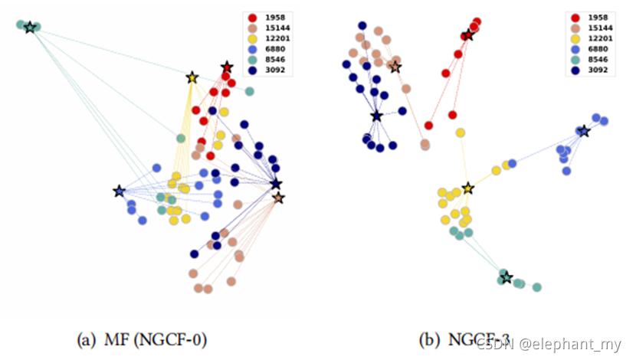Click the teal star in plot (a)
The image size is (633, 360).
(29, 28)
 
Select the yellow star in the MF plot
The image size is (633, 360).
(192, 77)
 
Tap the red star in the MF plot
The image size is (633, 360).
(226, 67)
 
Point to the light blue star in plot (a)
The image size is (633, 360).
(119, 191)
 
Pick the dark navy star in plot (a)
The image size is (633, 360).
(276, 185)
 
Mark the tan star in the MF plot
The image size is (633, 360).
(278, 198)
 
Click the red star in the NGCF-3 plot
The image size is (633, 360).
(467, 35)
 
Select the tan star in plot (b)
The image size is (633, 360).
(395, 67)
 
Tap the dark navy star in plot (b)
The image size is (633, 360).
(376, 116)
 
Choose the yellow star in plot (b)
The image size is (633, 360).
(467, 188)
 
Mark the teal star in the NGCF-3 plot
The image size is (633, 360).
(506, 277)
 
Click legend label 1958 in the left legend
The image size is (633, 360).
(276, 17)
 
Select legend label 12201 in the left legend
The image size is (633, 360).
(279, 38)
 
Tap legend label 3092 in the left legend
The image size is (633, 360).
(276, 70)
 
